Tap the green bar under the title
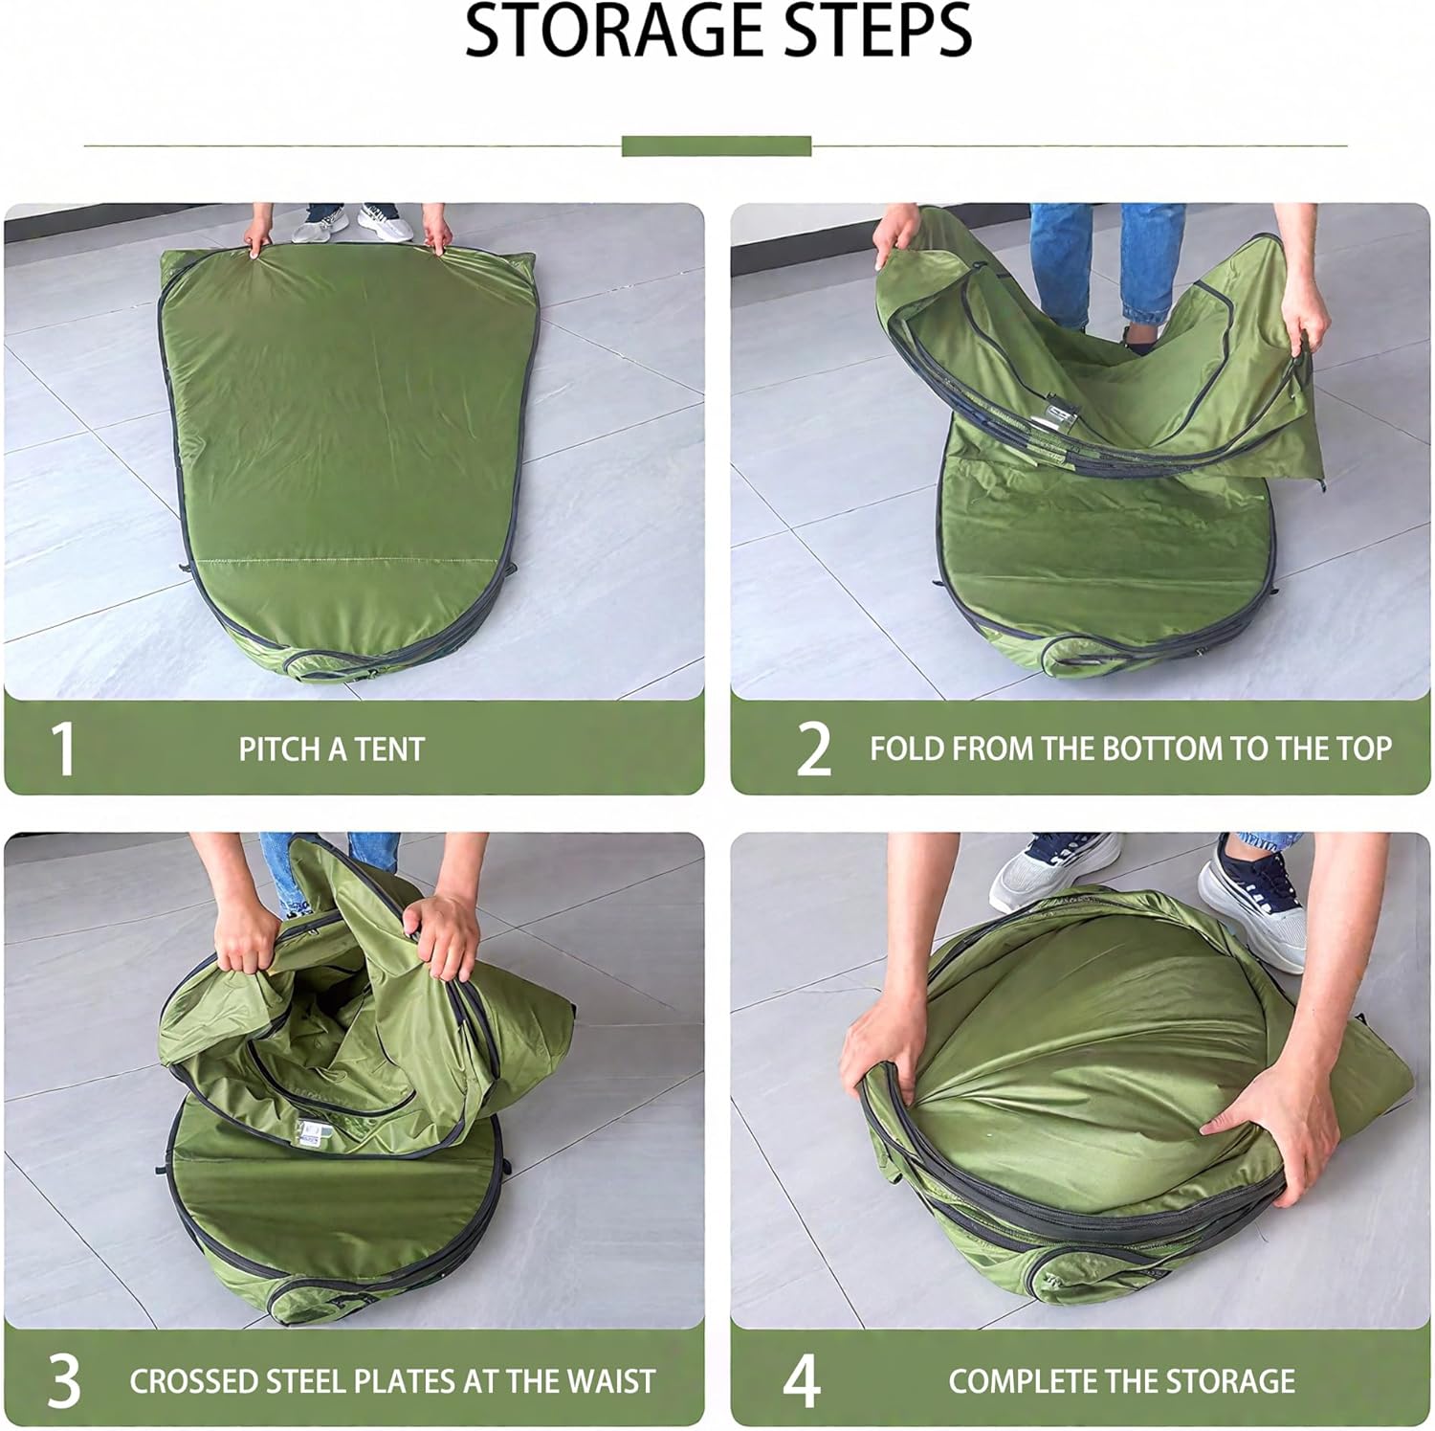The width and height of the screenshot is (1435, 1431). coord(716,146)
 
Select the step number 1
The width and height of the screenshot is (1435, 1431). coord(62,749)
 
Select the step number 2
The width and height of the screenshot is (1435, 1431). coord(813,749)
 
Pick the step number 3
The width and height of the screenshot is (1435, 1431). coord(63,1380)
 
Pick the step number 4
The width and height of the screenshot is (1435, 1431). coord(802,1380)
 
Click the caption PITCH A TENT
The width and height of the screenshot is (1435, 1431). coord(331,749)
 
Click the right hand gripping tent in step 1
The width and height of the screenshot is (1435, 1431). coord(437,229)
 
